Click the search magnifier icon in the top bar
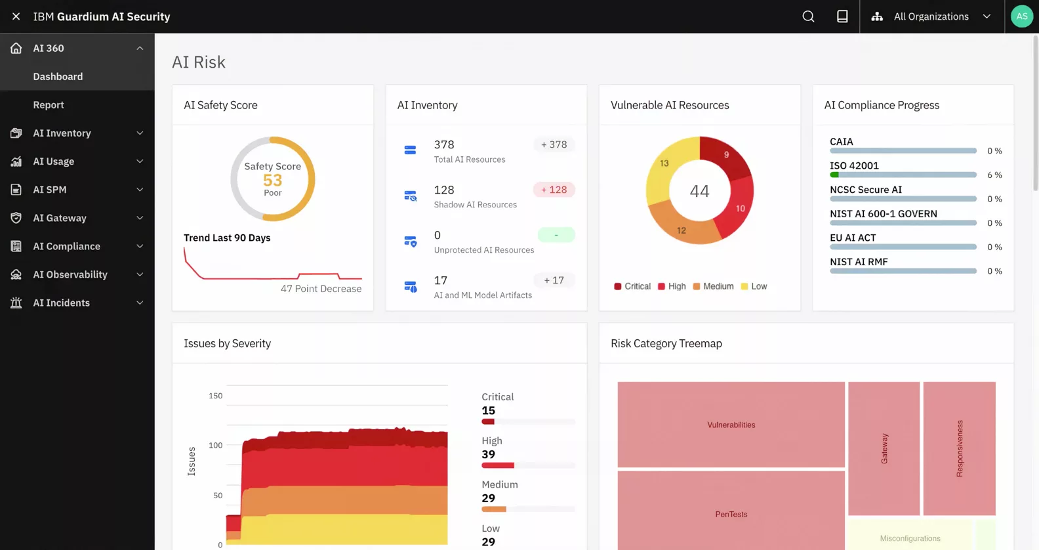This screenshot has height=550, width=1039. [x=808, y=16]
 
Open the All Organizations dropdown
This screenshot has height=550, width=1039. [x=931, y=16]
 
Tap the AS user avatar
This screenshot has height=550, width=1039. [x=1021, y=16]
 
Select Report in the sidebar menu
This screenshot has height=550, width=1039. [x=49, y=105]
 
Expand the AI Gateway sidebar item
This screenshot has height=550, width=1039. [x=60, y=218]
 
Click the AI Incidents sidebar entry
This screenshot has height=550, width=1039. [x=61, y=303]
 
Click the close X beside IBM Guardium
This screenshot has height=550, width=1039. [x=16, y=16]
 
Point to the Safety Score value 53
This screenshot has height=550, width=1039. [x=272, y=180]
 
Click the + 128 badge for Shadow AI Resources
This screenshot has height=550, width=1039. [x=554, y=190]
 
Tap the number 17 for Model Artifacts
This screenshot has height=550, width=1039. [x=440, y=280]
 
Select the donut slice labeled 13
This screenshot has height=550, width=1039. [x=664, y=163]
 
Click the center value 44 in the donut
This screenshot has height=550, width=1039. [x=699, y=191]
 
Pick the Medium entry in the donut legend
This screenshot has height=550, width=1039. [x=713, y=286]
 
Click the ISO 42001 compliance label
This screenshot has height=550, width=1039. [x=854, y=165]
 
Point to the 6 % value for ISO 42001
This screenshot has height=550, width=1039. [x=994, y=175]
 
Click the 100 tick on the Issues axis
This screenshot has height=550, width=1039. [x=215, y=445]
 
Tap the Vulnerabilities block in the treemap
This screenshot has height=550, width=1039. [x=731, y=425]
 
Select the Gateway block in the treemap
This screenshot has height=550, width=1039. [x=884, y=448]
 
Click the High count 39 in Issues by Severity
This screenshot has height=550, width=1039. [x=488, y=454]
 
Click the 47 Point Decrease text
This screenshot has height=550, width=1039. [x=321, y=289]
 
